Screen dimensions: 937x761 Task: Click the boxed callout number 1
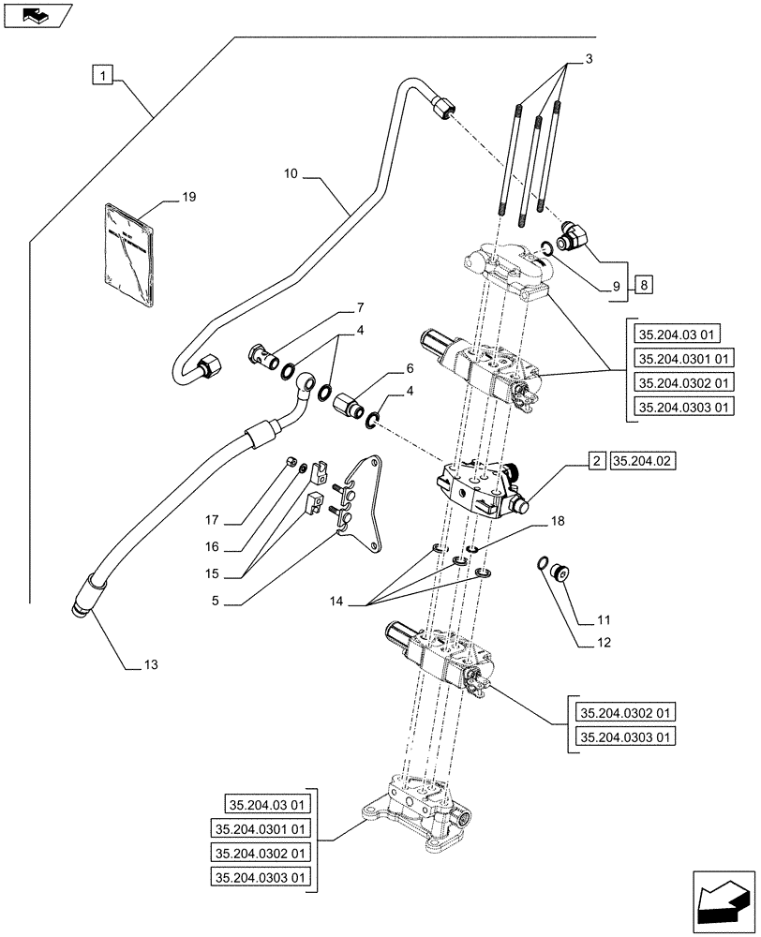102,73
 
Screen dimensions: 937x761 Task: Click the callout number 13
151,665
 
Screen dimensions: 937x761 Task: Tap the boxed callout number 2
596,460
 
